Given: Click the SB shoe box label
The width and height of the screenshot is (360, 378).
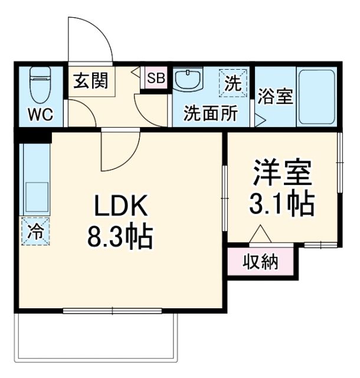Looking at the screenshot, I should click(156, 78).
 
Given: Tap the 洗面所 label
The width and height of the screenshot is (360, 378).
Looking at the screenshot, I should click(210, 113).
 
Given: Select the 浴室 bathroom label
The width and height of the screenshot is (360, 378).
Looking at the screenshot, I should click(275, 96).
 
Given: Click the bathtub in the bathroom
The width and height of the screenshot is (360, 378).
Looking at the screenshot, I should click(316, 96).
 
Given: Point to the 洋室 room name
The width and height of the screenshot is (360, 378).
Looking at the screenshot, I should click(282, 173).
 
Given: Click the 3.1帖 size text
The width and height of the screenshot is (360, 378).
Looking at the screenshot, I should click(282, 204).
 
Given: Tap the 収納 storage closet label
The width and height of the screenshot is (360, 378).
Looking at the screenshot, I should click(260, 261).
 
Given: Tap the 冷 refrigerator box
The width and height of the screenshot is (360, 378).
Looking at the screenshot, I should click(35, 230).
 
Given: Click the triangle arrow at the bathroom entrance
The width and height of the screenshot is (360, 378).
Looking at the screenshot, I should click(259, 119).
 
